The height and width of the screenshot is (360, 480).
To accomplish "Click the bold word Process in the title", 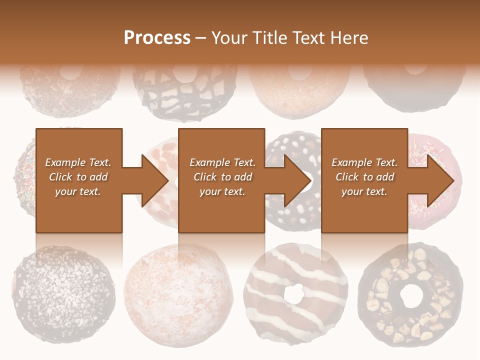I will [157, 38].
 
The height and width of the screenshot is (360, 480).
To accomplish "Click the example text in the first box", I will [78, 177].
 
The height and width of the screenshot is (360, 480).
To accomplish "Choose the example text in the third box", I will [364, 177].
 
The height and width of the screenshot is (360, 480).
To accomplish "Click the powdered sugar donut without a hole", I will [177, 295].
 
